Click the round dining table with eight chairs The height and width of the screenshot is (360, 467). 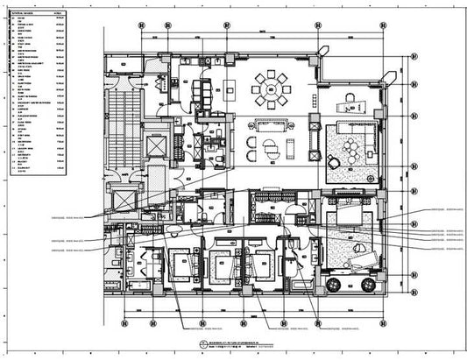[x=270, y=87]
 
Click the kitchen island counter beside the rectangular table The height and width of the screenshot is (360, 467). [x=230, y=88]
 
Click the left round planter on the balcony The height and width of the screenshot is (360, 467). [x=333, y=284]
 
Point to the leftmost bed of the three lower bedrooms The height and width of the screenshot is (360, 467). [x=180, y=263]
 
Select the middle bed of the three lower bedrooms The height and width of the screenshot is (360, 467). [x=219, y=263]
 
